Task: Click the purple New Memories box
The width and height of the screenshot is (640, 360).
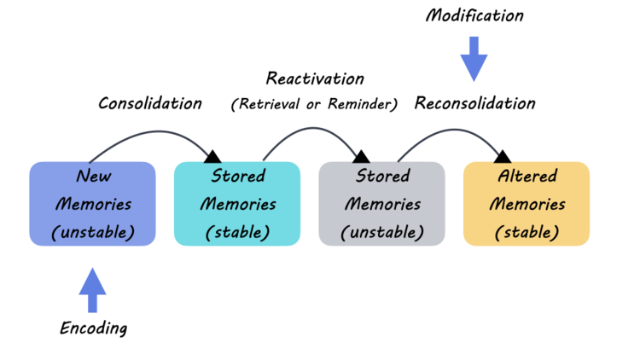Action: coord(92,204)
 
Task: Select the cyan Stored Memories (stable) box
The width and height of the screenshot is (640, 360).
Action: coord(237,204)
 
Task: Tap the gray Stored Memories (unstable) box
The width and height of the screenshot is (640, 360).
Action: coord(381,204)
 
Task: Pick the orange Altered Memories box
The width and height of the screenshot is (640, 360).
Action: coord(527,204)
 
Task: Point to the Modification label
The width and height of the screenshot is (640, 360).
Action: coord(474,16)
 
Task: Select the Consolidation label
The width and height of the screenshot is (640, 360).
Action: coord(150,104)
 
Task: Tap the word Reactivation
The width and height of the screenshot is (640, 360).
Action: coord(315,78)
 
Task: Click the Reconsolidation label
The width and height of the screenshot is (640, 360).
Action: coord(474,104)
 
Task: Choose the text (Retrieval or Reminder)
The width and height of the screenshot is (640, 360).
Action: coord(315,105)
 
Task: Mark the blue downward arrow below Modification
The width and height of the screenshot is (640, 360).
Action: coord(474,60)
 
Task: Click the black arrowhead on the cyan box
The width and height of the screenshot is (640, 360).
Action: coord(212,155)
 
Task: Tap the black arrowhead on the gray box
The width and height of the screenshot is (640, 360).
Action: coord(361,155)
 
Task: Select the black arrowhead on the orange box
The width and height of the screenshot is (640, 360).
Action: coord(503,155)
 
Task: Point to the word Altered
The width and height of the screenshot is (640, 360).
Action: coord(527,177)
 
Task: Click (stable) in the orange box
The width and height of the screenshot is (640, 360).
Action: coord(527,232)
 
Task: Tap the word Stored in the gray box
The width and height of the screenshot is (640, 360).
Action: coord(381,177)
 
